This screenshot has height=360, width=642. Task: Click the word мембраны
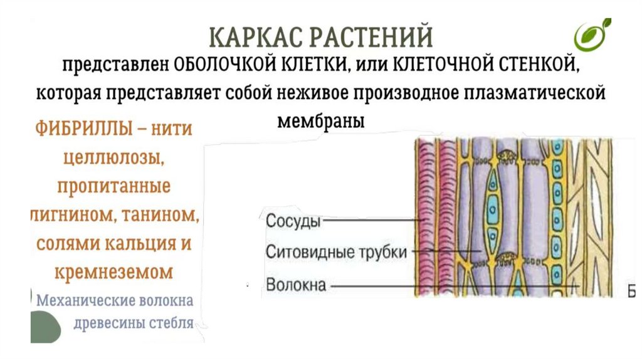pyautogui.click(x=320, y=119)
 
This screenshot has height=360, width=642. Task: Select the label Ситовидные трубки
pyautogui.click(x=336, y=253)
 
